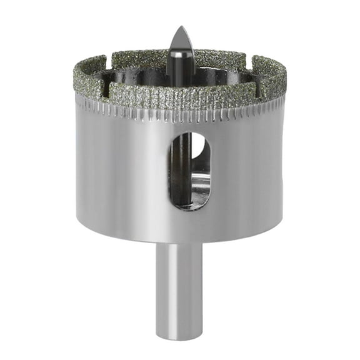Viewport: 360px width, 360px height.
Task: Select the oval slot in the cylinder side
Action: [x=189, y=170]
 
